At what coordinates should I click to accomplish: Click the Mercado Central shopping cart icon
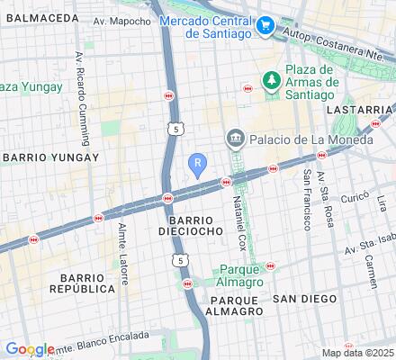264,27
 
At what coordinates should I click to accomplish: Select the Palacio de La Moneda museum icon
235,138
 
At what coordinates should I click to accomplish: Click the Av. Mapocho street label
122,21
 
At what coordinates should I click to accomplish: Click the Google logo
29,349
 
